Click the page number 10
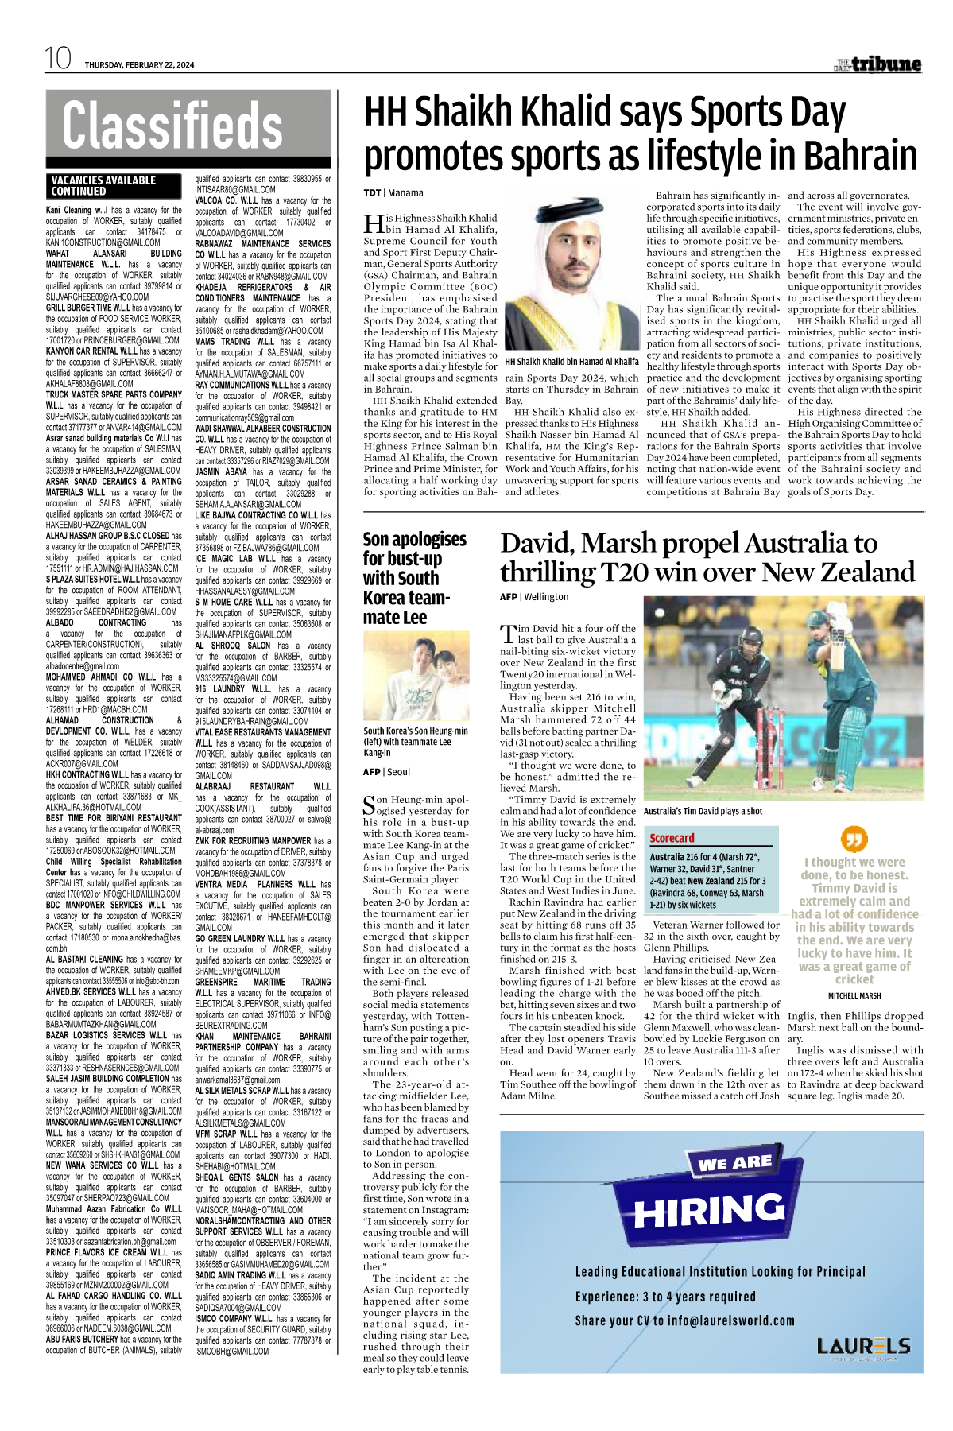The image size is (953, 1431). (58, 58)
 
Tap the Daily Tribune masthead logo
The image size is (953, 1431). (877, 64)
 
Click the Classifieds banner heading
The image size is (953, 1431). (172, 126)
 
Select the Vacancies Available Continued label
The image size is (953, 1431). (104, 186)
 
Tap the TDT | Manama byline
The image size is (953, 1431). (393, 193)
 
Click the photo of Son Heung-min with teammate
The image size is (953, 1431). (416, 677)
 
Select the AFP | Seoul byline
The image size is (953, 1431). (386, 772)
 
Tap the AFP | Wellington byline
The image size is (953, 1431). (534, 597)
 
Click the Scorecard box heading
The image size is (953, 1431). (672, 838)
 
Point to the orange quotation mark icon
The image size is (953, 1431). (854, 839)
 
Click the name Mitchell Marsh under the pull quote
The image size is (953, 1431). (854, 995)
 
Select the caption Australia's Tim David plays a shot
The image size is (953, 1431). (703, 812)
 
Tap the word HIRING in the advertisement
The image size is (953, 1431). (709, 1211)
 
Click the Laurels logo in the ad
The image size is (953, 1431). (863, 1346)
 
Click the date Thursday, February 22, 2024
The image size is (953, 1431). (139, 65)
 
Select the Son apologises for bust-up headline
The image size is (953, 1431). (415, 578)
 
